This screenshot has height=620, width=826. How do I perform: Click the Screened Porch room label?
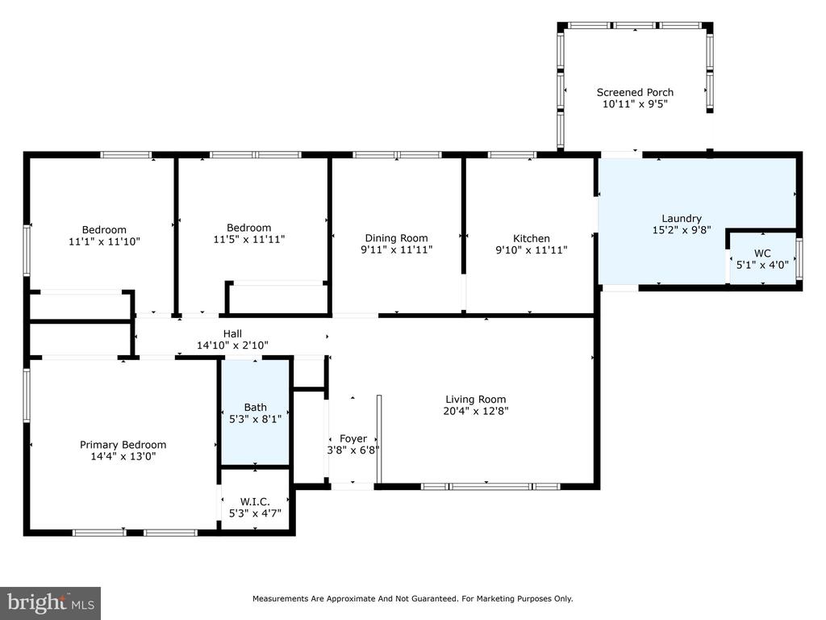coord(635,92)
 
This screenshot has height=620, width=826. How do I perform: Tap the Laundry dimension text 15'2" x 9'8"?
coord(682,230)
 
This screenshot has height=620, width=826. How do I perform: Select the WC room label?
coord(762,253)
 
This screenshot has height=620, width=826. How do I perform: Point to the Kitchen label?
coord(532,238)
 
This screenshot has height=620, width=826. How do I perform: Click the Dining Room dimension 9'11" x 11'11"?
coord(397,250)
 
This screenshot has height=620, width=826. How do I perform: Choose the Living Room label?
coord(476,400)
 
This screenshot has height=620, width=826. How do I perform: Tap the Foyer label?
coord(353,438)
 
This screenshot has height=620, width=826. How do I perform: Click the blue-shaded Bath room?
coord(255,413)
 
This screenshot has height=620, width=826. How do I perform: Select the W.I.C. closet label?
coord(255,502)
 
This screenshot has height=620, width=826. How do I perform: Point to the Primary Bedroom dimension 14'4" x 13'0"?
coord(123,457)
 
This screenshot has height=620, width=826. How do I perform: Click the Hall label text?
coord(232,333)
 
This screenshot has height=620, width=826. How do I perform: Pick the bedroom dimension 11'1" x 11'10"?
coord(104,241)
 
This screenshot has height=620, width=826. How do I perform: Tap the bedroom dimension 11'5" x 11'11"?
coord(249,239)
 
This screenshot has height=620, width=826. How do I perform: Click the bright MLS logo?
coord(51,603)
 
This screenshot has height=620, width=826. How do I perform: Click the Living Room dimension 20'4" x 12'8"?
coord(476,411)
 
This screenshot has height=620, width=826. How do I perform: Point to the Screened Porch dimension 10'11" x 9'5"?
coord(635,104)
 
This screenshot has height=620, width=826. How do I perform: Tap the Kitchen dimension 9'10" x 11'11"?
coord(532,250)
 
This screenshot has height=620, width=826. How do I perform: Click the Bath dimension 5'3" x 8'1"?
coord(255,419)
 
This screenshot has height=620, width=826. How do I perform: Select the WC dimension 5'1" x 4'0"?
coord(762,265)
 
